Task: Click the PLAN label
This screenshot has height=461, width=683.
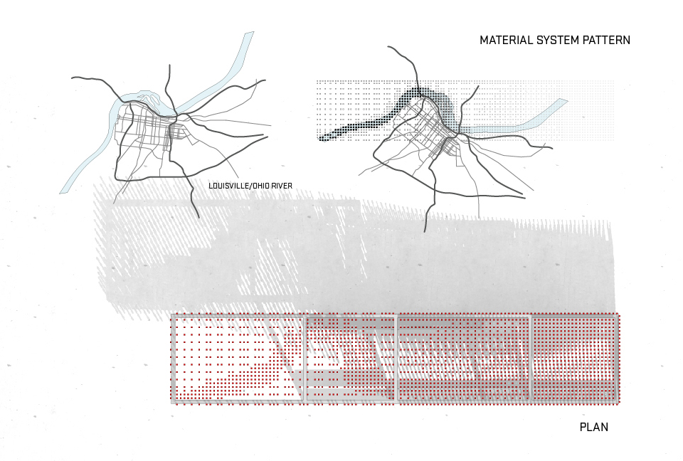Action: [x=594, y=428]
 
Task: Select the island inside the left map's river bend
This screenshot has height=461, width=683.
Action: [x=146, y=97]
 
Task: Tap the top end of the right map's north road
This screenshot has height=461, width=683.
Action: [x=388, y=48]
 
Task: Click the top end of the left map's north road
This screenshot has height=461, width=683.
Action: [x=170, y=65]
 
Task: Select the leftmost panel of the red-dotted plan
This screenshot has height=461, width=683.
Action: [x=238, y=359]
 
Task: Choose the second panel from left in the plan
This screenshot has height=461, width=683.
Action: [x=350, y=359]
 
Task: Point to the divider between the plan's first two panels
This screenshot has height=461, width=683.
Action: [x=305, y=359]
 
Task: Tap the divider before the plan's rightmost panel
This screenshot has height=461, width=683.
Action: [x=531, y=359]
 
